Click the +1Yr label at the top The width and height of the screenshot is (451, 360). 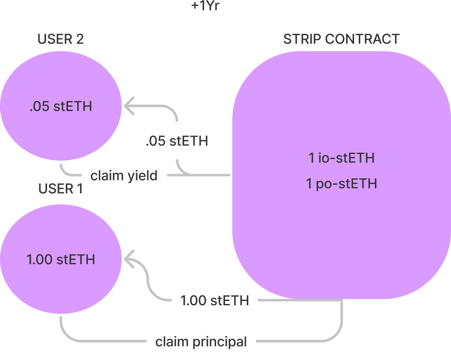click(205, 6)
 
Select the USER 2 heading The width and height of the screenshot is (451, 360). click(61, 39)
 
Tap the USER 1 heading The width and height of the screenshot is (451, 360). click(61, 189)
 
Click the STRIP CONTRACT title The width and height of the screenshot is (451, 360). click(341, 39)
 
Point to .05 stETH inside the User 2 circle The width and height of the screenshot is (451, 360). click(61, 106)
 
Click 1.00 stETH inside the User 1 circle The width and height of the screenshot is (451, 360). click(61, 260)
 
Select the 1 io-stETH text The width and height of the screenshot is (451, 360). click(341, 158)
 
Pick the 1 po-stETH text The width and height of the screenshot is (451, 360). click(341, 184)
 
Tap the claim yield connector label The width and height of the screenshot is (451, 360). click(124, 175)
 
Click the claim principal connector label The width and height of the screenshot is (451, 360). click(201, 342)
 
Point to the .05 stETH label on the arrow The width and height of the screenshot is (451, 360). click(177, 141)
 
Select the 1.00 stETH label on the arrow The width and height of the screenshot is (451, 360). click(214, 301)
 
